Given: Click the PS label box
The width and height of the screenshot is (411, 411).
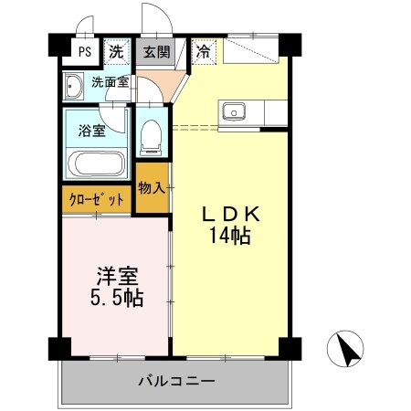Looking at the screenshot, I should (84, 52).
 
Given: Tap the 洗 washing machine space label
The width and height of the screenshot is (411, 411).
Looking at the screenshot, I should (116, 52).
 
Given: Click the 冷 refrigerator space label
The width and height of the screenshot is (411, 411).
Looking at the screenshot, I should (203, 52).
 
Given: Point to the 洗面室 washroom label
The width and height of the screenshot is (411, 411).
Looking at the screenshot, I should (110, 82).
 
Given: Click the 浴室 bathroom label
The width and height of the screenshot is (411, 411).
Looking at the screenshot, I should (91, 130).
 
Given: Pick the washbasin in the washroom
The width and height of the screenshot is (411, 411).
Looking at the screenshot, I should (72, 86).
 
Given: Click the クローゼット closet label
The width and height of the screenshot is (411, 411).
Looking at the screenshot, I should (94, 199).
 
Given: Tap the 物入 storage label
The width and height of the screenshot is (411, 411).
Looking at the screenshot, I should (152, 188).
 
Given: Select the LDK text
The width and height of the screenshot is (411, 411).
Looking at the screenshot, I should (232, 214).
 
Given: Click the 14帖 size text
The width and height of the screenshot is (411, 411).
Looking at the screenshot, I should (232, 235).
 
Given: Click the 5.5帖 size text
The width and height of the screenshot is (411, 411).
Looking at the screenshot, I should (116, 298).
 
